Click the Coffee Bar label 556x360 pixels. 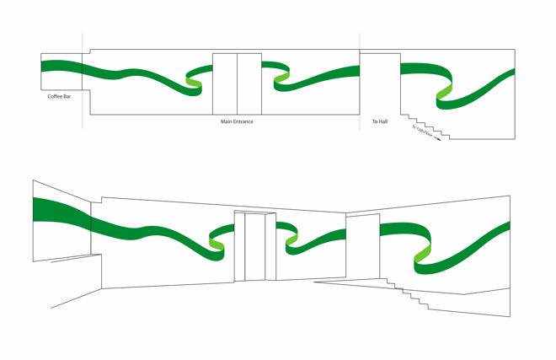click(x=59, y=97)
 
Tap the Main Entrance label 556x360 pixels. click(x=237, y=121)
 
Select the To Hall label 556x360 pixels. click(x=380, y=121)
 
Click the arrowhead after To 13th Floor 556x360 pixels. click(x=438, y=139)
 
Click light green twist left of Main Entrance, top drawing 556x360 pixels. click(x=194, y=80)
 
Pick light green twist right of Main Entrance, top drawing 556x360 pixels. click(x=281, y=78)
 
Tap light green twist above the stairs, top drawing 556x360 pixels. click(x=444, y=93)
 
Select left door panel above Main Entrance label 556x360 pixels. click(x=225, y=84)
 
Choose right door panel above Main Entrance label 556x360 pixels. click(x=249, y=84)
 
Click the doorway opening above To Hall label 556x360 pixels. click(x=380, y=84)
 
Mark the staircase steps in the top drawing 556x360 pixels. click(x=425, y=127)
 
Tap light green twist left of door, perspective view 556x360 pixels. click(x=217, y=245)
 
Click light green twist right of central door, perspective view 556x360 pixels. click(x=291, y=242)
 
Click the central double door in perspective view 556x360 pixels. click(x=255, y=246)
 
